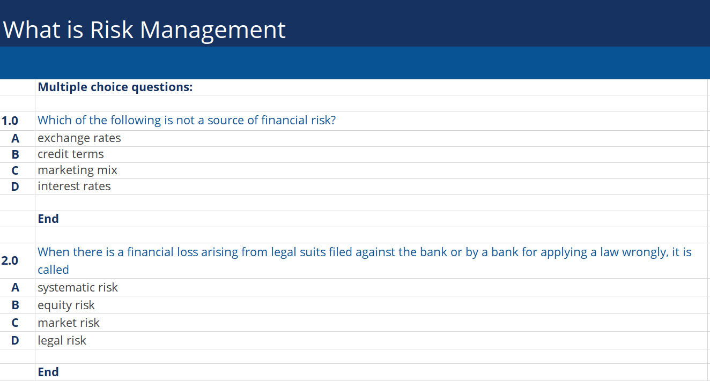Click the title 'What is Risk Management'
(144, 29)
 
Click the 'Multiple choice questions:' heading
(115, 87)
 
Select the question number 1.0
(10, 121)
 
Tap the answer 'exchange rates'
(79, 138)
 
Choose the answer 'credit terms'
(70, 154)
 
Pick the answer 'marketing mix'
(77, 170)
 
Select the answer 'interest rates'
(74, 186)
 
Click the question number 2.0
(10, 261)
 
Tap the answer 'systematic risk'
(77, 288)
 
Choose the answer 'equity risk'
(66, 305)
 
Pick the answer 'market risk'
(69, 323)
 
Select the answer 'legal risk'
(62, 341)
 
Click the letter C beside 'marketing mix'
(15, 171)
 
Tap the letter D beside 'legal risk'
(15, 341)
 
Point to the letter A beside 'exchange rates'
(15, 139)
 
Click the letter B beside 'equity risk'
(15, 305)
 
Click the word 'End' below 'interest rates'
(48, 219)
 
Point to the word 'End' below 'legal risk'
(48, 372)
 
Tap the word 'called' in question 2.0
(53, 270)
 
